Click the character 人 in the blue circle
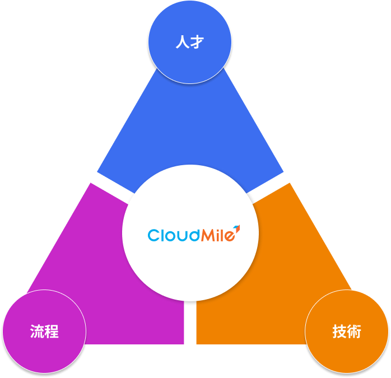[x=181, y=43]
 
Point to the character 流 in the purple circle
[x=37, y=332]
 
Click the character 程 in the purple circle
[x=52, y=332]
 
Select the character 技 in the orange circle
[x=339, y=332]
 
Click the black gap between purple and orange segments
[x=190, y=325]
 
